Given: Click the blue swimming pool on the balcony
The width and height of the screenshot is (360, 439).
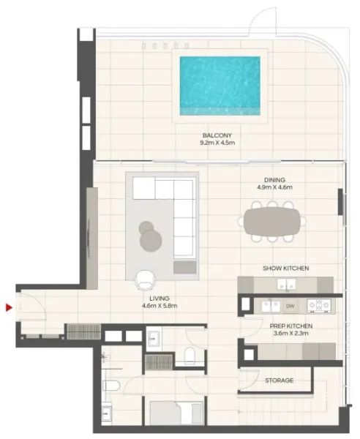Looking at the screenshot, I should click(x=220, y=86).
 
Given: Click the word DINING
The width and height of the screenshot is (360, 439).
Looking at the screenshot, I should click(x=274, y=179).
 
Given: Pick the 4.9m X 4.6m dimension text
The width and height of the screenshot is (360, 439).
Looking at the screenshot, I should click(x=274, y=187).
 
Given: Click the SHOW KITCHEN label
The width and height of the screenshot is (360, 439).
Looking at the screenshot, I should click(x=285, y=269).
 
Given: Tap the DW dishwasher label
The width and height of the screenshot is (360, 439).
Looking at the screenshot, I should click(x=290, y=306).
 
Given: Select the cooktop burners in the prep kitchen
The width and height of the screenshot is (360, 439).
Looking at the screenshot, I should click(x=320, y=305).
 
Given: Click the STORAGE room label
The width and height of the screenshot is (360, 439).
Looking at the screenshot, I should click(x=279, y=380).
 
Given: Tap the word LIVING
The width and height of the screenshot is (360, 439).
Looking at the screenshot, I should click(x=159, y=299).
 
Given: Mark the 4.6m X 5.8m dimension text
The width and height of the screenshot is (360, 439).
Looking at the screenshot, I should click(x=159, y=307).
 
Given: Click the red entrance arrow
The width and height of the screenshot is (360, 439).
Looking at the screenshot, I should click(x=9, y=308).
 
